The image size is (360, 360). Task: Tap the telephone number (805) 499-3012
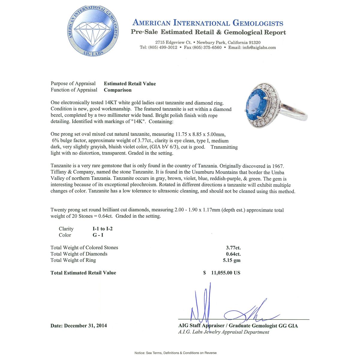coord(163,47)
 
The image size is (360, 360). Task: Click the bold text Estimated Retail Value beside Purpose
coord(130,84)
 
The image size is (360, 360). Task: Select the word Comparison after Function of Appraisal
coord(118,90)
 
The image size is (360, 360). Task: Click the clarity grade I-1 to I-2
coord(103,229)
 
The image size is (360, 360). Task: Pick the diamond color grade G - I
coord(98,235)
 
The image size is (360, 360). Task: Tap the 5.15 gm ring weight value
coord(232,260)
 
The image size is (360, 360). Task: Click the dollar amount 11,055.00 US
coord(226,273)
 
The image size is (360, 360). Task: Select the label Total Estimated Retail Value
coord(83,273)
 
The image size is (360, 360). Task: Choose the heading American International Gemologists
coord(208,23)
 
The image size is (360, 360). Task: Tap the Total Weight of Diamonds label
coord(79,254)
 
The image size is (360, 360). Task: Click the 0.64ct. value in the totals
coord(233,254)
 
